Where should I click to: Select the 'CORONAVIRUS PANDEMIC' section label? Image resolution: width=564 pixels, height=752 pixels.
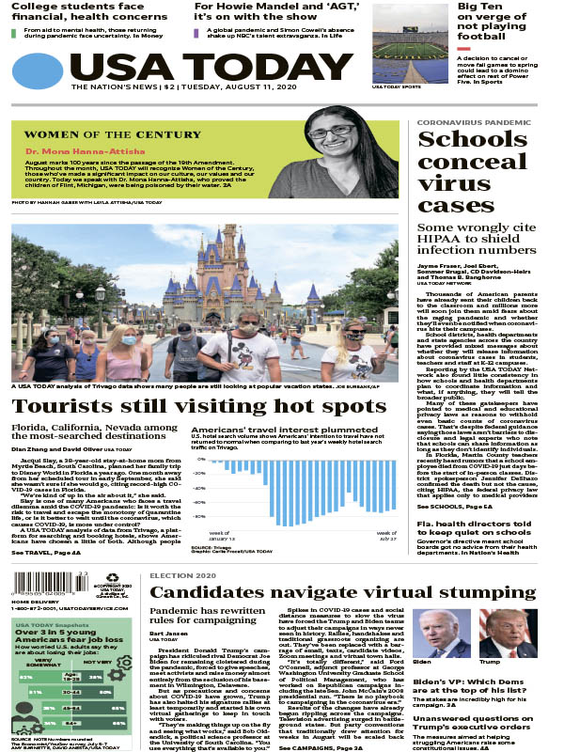click(467, 123)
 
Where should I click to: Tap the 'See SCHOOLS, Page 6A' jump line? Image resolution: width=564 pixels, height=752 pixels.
click(455, 507)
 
